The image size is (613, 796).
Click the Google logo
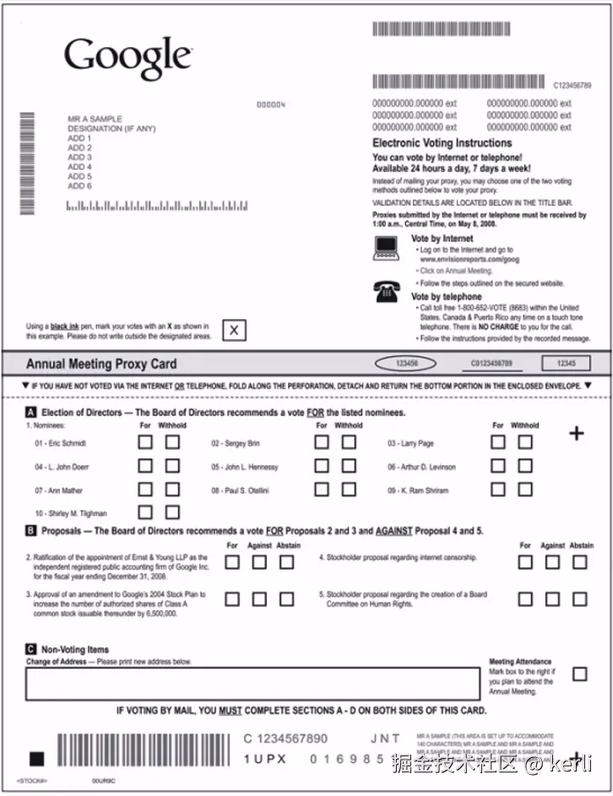(128, 57)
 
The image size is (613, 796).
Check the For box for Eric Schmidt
(145, 441)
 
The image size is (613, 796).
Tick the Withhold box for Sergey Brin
(349, 441)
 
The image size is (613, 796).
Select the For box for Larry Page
(498, 441)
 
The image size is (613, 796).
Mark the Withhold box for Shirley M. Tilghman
(172, 512)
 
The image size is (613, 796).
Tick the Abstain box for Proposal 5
(579, 598)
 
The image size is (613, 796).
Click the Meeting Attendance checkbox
(579, 674)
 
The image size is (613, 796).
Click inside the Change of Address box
(253, 684)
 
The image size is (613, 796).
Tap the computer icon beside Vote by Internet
(386, 247)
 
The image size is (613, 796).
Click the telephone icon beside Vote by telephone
(386, 293)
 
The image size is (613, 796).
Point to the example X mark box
(234, 331)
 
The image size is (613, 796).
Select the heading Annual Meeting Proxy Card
(101, 364)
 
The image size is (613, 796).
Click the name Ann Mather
(60, 490)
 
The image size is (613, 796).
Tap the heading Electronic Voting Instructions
(442, 143)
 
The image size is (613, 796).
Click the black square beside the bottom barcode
(36, 758)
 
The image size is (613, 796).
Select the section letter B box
(31, 531)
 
